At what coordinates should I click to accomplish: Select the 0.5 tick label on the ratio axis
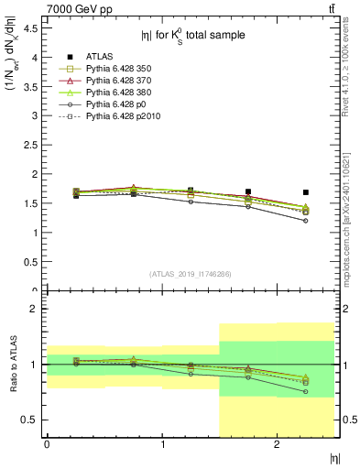click(x=30, y=420)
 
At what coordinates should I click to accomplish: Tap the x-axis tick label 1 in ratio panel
click(x=162, y=444)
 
